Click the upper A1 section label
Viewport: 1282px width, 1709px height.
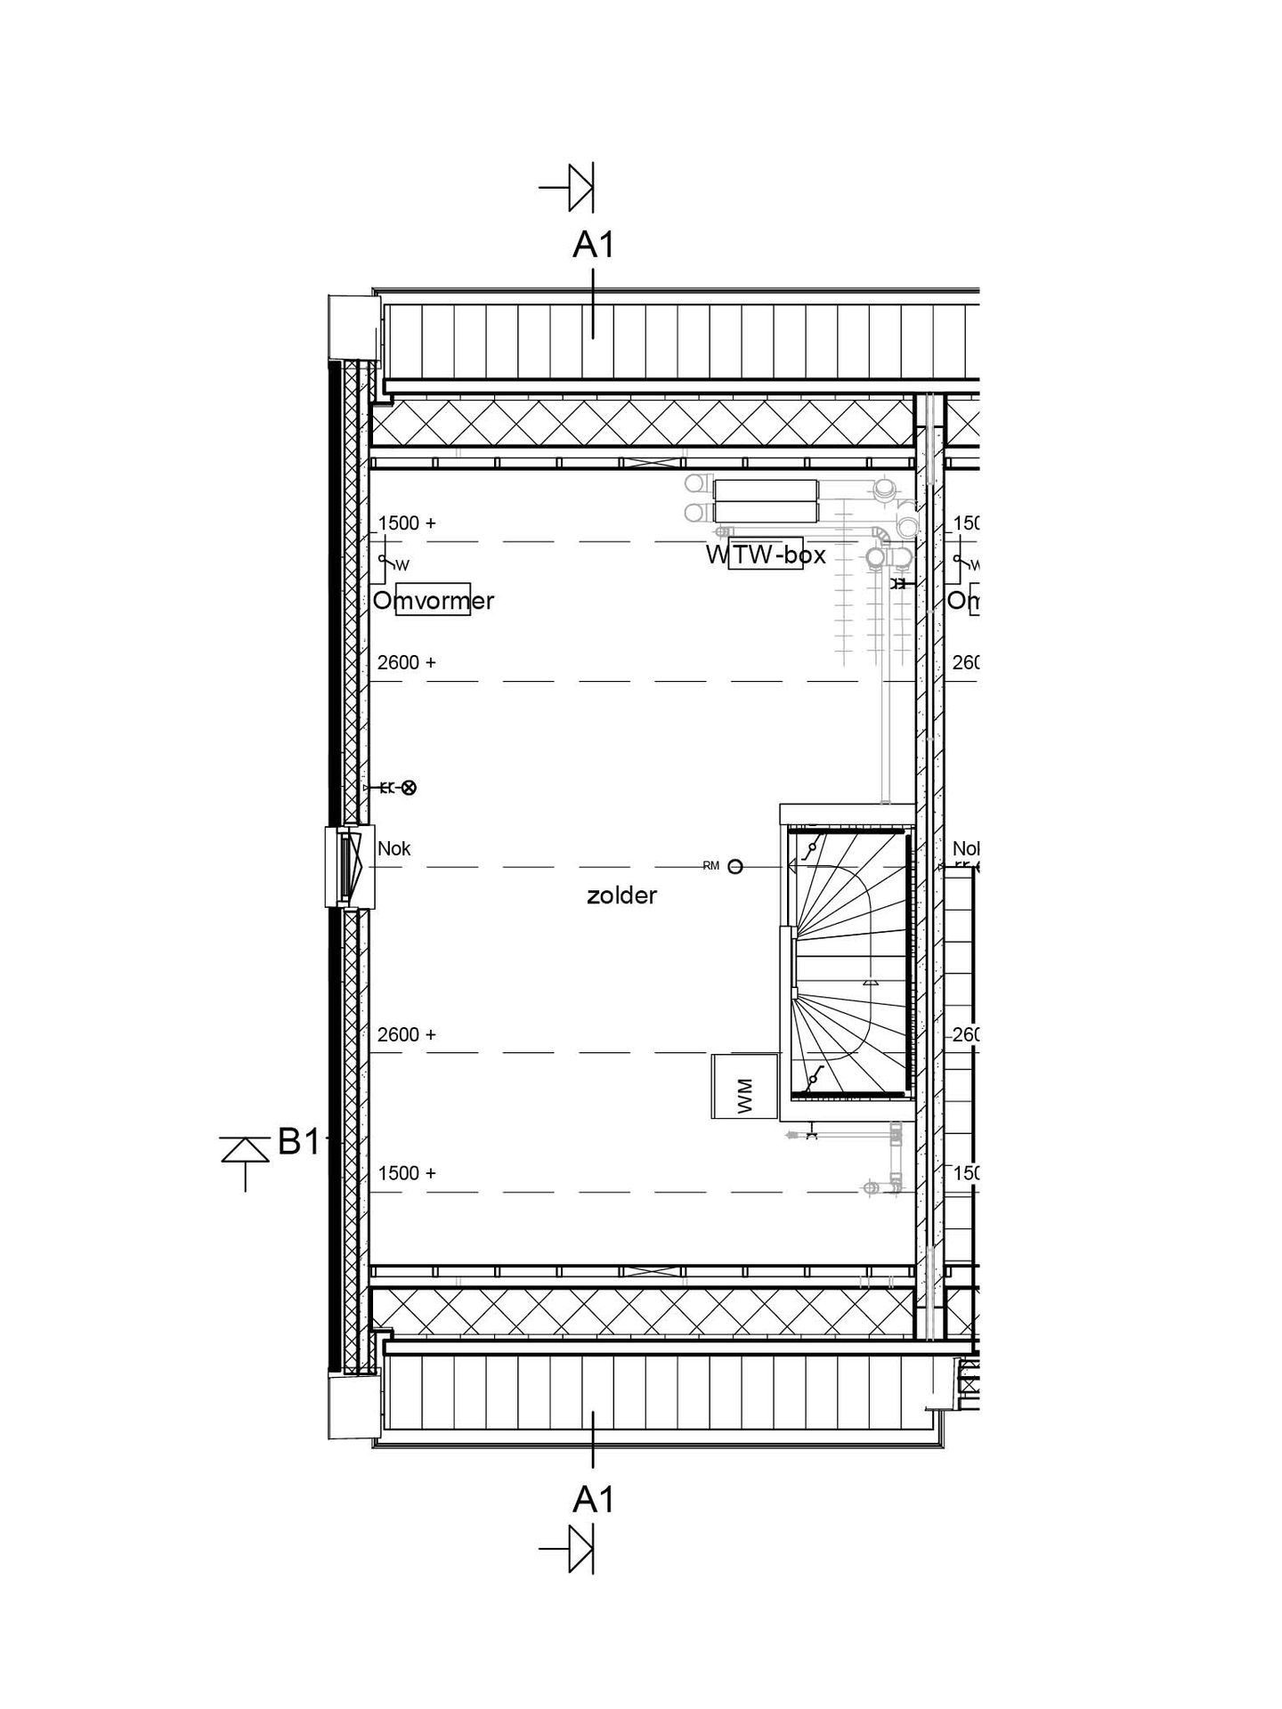593,245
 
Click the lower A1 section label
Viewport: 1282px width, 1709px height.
593,1500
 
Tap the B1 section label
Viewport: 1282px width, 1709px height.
298,1142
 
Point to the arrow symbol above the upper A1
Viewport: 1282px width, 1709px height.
572,188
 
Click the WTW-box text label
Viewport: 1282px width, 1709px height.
766,555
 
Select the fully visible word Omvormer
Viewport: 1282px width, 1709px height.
434,601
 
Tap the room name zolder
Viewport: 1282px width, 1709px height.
621,896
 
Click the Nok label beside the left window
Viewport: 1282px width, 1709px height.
394,849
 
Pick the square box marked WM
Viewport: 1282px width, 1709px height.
744,1086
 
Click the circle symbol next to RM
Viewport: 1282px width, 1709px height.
735,866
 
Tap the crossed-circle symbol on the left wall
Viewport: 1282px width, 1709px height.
409,787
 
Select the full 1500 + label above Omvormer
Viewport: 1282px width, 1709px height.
407,523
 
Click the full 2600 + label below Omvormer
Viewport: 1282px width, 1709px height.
407,662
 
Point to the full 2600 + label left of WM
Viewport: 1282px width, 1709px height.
407,1034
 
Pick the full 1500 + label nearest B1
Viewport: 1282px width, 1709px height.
407,1173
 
